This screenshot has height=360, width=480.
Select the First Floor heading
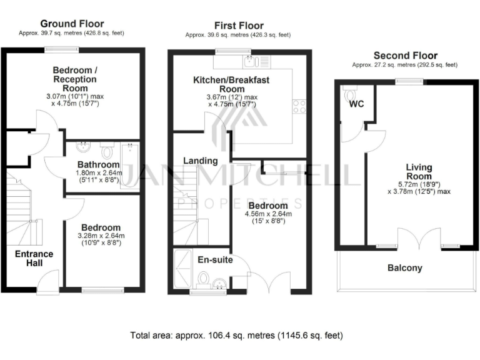pos(237,26)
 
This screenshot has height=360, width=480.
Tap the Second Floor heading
pos(404,56)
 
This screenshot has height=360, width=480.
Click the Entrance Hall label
pos(34,259)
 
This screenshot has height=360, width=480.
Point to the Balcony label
pos(405,268)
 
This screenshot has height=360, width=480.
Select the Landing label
pos(200,161)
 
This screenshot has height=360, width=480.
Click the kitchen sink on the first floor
pos(250,61)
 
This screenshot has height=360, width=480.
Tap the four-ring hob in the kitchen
pos(299,106)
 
